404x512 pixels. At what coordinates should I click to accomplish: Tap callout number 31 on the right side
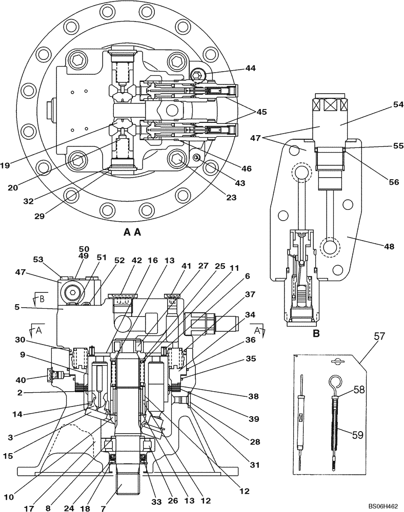click(x=255, y=465)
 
